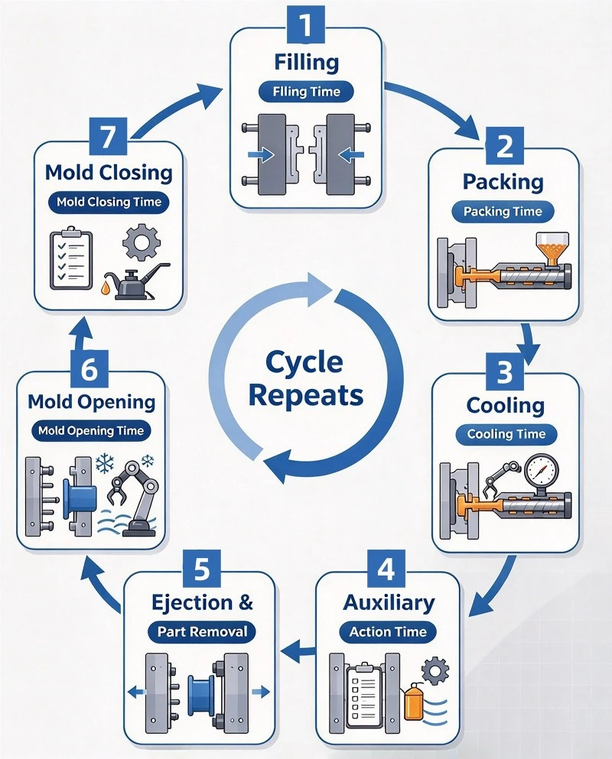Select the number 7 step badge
[x=109, y=136]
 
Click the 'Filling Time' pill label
[x=306, y=92]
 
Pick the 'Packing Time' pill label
[x=503, y=212]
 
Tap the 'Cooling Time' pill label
[x=506, y=434]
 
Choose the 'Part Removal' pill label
[x=202, y=631]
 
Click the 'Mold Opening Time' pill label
[x=91, y=431]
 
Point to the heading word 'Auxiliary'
[x=389, y=602]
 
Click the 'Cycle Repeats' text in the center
[x=306, y=379]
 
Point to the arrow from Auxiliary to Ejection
[x=298, y=654]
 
